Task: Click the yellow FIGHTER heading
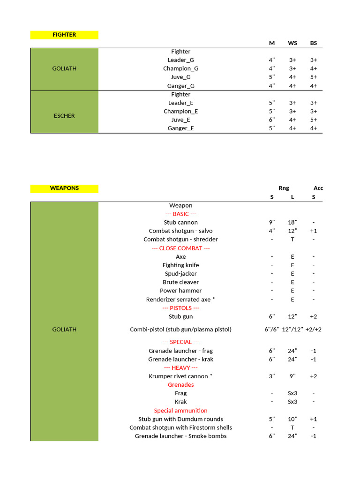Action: point(64,35)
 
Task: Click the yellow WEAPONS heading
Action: point(64,188)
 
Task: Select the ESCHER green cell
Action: point(64,116)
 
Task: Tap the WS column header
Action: point(292,43)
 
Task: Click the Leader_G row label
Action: point(180,60)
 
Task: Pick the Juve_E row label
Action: point(180,120)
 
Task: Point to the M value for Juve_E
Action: point(272,120)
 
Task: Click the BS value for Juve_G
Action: point(313,77)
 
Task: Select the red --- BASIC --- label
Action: point(180,214)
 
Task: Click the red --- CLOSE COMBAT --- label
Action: point(180,248)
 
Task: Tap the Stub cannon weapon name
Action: point(180,222)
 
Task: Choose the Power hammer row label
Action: point(180,291)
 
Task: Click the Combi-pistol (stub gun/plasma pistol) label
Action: point(180,330)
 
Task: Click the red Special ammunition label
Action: point(180,410)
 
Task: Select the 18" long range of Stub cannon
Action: point(292,222)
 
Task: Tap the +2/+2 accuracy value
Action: point(313,330)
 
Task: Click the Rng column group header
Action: point(284,188)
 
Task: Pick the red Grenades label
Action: point(180,385)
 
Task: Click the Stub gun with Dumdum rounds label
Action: point(180,419)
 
